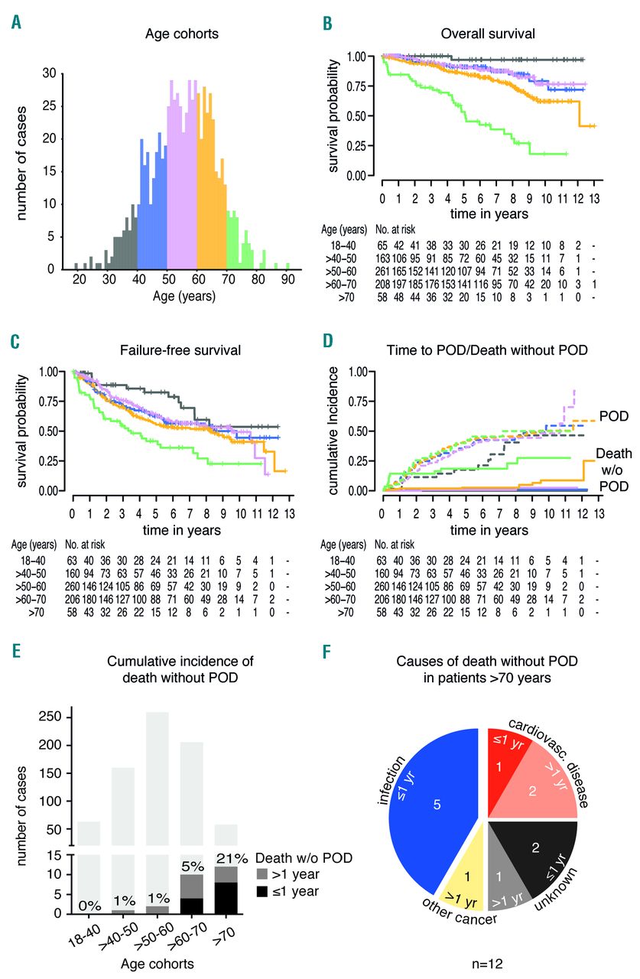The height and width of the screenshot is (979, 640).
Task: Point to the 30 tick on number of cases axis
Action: pos(50,73)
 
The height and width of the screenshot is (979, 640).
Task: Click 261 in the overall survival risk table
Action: pos(382,272)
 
